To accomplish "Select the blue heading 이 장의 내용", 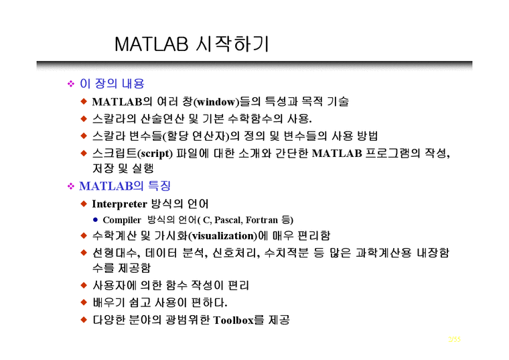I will pos(112,84).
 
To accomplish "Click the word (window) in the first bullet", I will pos(216,102).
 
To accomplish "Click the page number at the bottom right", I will pos(454,340).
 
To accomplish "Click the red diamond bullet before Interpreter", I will pos(84,203).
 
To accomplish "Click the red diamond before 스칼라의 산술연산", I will pos(84,119).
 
